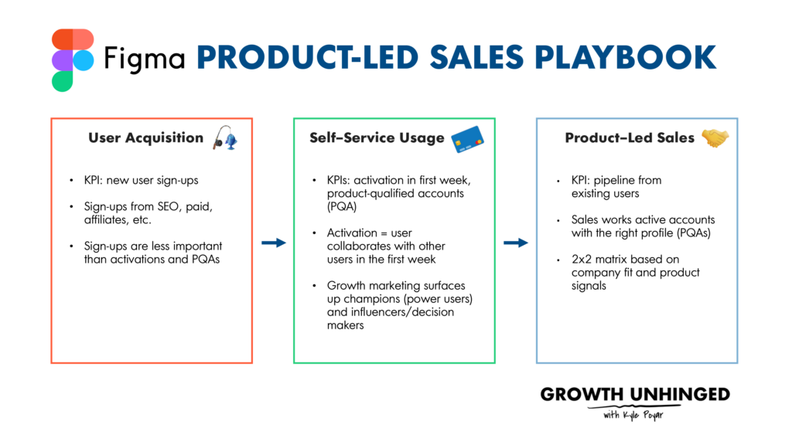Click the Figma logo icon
coord(73,59)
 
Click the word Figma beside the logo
coord(144,59)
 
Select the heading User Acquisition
coord(145,138)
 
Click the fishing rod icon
coord(224,137)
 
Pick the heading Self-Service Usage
coord(377,138)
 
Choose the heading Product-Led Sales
coord(630,138)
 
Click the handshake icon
coord(715,138)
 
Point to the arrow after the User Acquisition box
coord(273,243)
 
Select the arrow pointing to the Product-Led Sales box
coord(516,243)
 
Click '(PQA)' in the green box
coord(341,206)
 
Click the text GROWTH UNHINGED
coord(634,395)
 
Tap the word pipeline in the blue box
coord(616,180)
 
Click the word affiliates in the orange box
coord(104,219)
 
